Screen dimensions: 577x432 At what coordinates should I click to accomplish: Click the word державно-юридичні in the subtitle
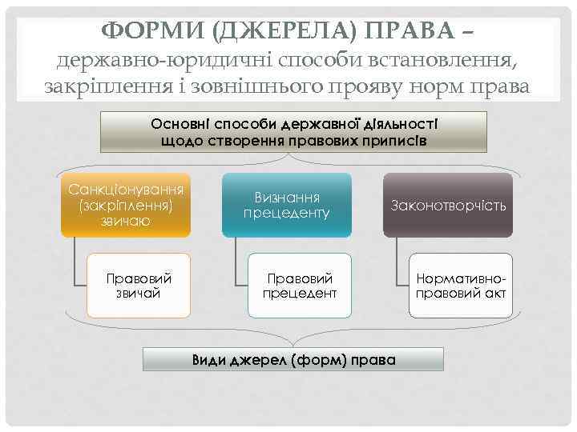pyautogui.click(x=141, y=61)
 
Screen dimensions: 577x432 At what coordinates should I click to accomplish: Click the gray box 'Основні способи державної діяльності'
pyautogui.click(x=293, y=131)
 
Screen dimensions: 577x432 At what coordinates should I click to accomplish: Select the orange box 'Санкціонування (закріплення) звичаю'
pyautogui.click(x=126, y=205)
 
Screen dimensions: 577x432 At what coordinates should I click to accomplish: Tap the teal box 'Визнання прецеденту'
pyautogui.click(x=287, y=206)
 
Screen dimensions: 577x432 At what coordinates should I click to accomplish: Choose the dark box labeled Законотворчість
pyautogui.click(x=448, y=206)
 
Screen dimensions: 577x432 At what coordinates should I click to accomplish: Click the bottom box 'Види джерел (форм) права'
pyautogui.click(x=293, y=359)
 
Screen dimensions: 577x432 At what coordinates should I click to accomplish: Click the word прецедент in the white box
pyautogui.click(x=300, y=294)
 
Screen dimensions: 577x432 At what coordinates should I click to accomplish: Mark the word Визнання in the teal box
pyautogui.click(x=287, y=198)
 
